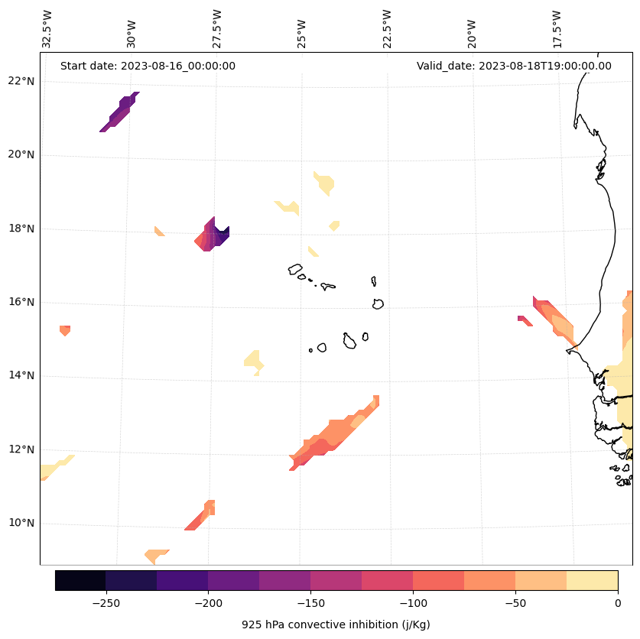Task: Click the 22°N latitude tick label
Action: (x=21, y=81)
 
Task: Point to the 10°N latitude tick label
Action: (x=21, y=524)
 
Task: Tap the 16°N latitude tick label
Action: (x=21, y=302)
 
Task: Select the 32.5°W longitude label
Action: (x=47, y=29)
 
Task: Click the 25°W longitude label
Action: (x=303, y=29)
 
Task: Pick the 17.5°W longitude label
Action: (x=557, y=29)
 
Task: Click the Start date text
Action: (x=148, y=66)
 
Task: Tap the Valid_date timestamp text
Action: (x=514, y=66)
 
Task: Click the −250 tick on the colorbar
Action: (x=106, y=603)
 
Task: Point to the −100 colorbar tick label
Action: (x=413, y=603)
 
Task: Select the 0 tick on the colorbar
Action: (x=617, y=603)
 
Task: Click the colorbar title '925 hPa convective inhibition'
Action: (x=336, y=624)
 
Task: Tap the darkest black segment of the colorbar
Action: (x=80, y=580)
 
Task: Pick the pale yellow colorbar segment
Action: (x=592, y=580)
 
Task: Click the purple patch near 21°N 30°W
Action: (x=120, y=112)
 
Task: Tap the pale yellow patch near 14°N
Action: (x=253, y=361)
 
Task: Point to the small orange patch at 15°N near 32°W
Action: (x=65, y=329)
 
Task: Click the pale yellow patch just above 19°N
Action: (x=325, y=183)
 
